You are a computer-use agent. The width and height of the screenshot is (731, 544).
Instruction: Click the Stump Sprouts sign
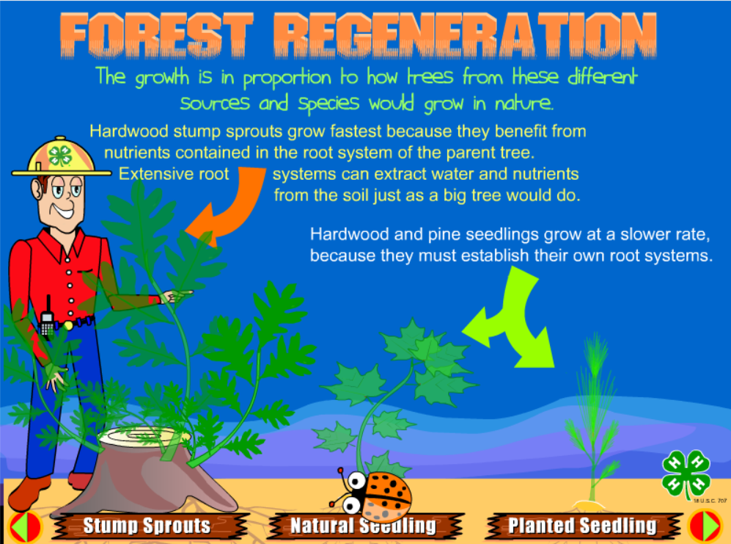coord(147,526)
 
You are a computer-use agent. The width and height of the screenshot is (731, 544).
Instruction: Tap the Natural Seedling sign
coord(363,526)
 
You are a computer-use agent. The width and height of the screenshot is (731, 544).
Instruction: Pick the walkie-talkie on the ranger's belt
coord(47,321)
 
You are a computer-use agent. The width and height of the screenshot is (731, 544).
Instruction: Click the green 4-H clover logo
coord(686,473)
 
